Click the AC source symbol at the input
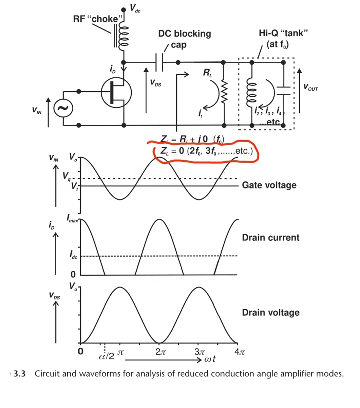(62, 109)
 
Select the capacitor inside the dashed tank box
(283, 91)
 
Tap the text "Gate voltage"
(269, 185)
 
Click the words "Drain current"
(271, 237)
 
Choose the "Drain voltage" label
(271, 312)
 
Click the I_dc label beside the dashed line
(73, 255)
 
